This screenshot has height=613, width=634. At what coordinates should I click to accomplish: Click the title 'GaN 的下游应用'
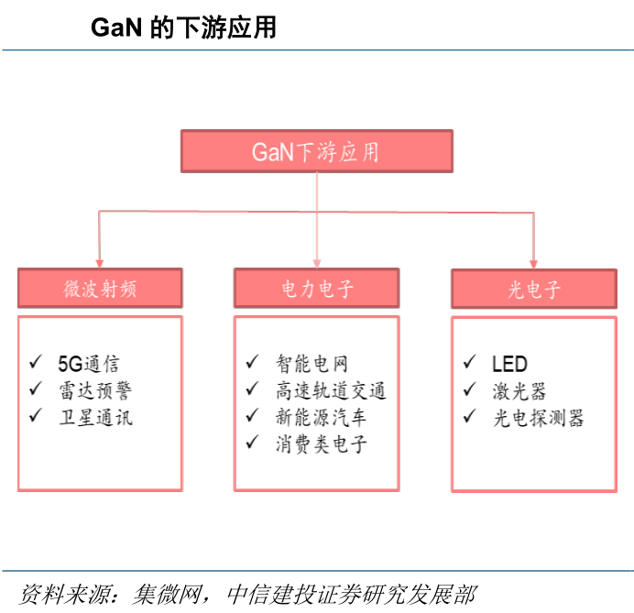(x=183, y=27)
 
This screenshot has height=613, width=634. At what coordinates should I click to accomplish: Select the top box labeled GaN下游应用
(x=317, y=151)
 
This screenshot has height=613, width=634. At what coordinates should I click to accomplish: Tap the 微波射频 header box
(x=100, y=288)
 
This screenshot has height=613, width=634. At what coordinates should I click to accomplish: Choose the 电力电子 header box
(x=317, y=288)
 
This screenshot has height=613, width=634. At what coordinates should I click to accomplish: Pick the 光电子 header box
(x=534, y=289)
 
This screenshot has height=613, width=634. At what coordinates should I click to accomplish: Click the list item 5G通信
(x=89, y=363)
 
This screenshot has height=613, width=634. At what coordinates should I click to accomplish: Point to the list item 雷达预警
(x=96, y=390)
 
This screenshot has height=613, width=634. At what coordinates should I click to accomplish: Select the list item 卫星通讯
(x=96, y=417)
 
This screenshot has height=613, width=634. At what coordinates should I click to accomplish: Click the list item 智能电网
(x=312, y=363)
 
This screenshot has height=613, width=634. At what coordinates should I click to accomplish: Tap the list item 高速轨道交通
(x=331, y=390)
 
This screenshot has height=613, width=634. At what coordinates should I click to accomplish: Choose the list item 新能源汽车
(x=321, y=417)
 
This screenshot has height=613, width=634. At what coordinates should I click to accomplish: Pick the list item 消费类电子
(x=321, y=444)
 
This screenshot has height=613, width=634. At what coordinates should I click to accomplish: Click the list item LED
(x=509, y=364)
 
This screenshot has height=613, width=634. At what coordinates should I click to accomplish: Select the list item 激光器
(x=519, y=391)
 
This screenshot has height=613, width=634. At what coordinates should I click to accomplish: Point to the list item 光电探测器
(x=538, y=418)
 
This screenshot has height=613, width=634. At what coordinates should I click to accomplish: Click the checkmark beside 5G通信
(x=36, y=362)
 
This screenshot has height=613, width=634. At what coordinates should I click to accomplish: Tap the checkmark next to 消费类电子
(x=252, y=442)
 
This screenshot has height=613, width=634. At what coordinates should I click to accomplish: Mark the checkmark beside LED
(x=469, y=362)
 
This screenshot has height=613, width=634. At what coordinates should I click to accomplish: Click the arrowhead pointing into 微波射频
(x=100, y=264)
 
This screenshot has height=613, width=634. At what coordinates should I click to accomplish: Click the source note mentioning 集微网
(x=248, y=594)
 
